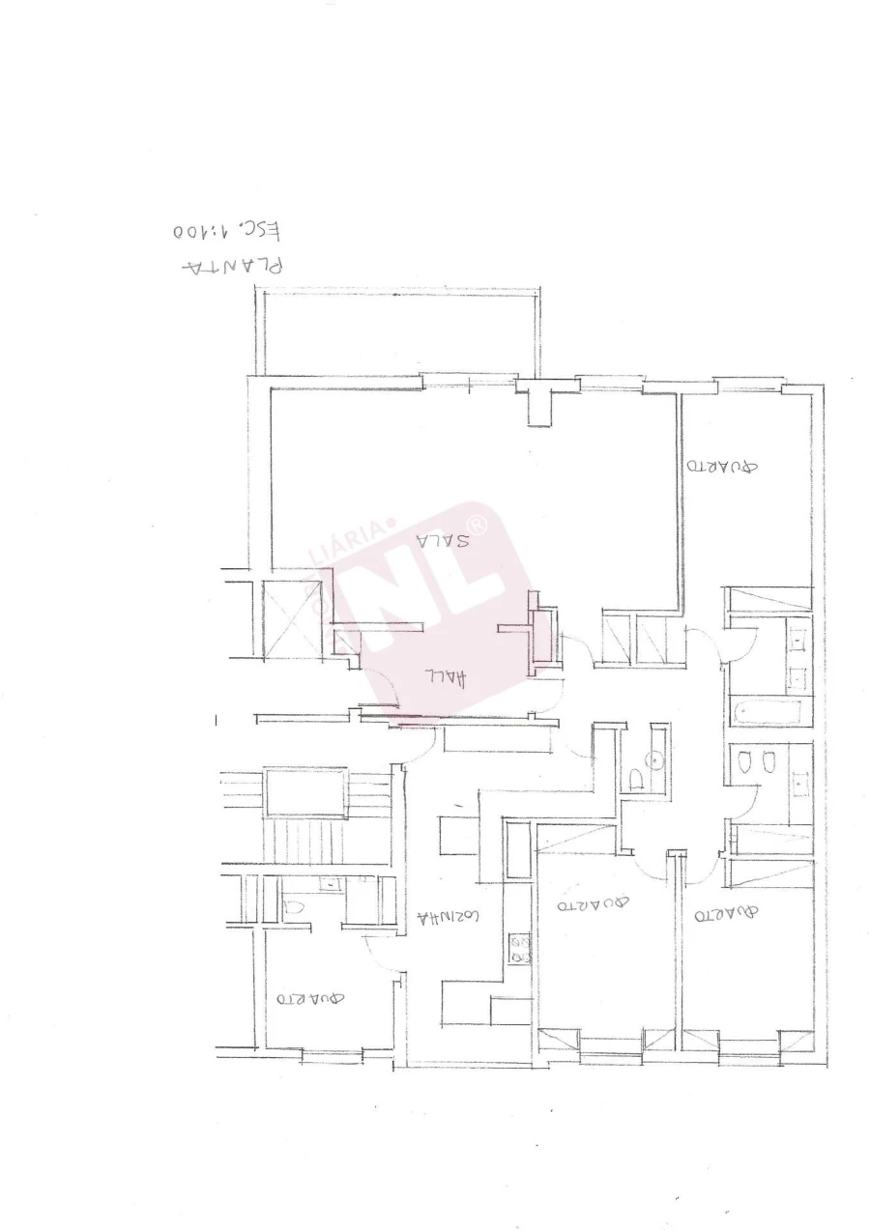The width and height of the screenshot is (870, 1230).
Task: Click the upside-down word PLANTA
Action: coord(233,265)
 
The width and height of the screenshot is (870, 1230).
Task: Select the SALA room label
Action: coord(443,540)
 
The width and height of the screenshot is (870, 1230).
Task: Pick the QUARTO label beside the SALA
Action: coord(722,466)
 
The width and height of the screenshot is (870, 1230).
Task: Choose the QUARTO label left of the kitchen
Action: coord(310,998)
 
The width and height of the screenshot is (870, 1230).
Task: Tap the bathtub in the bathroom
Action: coord(770,713)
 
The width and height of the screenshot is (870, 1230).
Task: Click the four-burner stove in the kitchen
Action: coord(519,949)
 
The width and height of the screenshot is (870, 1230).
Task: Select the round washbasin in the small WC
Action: coord(657,759)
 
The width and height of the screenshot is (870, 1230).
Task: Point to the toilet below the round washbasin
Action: coord(637,778)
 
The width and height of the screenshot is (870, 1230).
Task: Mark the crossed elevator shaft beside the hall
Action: coord(292,618)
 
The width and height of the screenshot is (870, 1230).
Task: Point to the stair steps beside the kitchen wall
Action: coord(304,839)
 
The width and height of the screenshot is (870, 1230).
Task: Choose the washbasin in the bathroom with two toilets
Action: coord(799,783)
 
